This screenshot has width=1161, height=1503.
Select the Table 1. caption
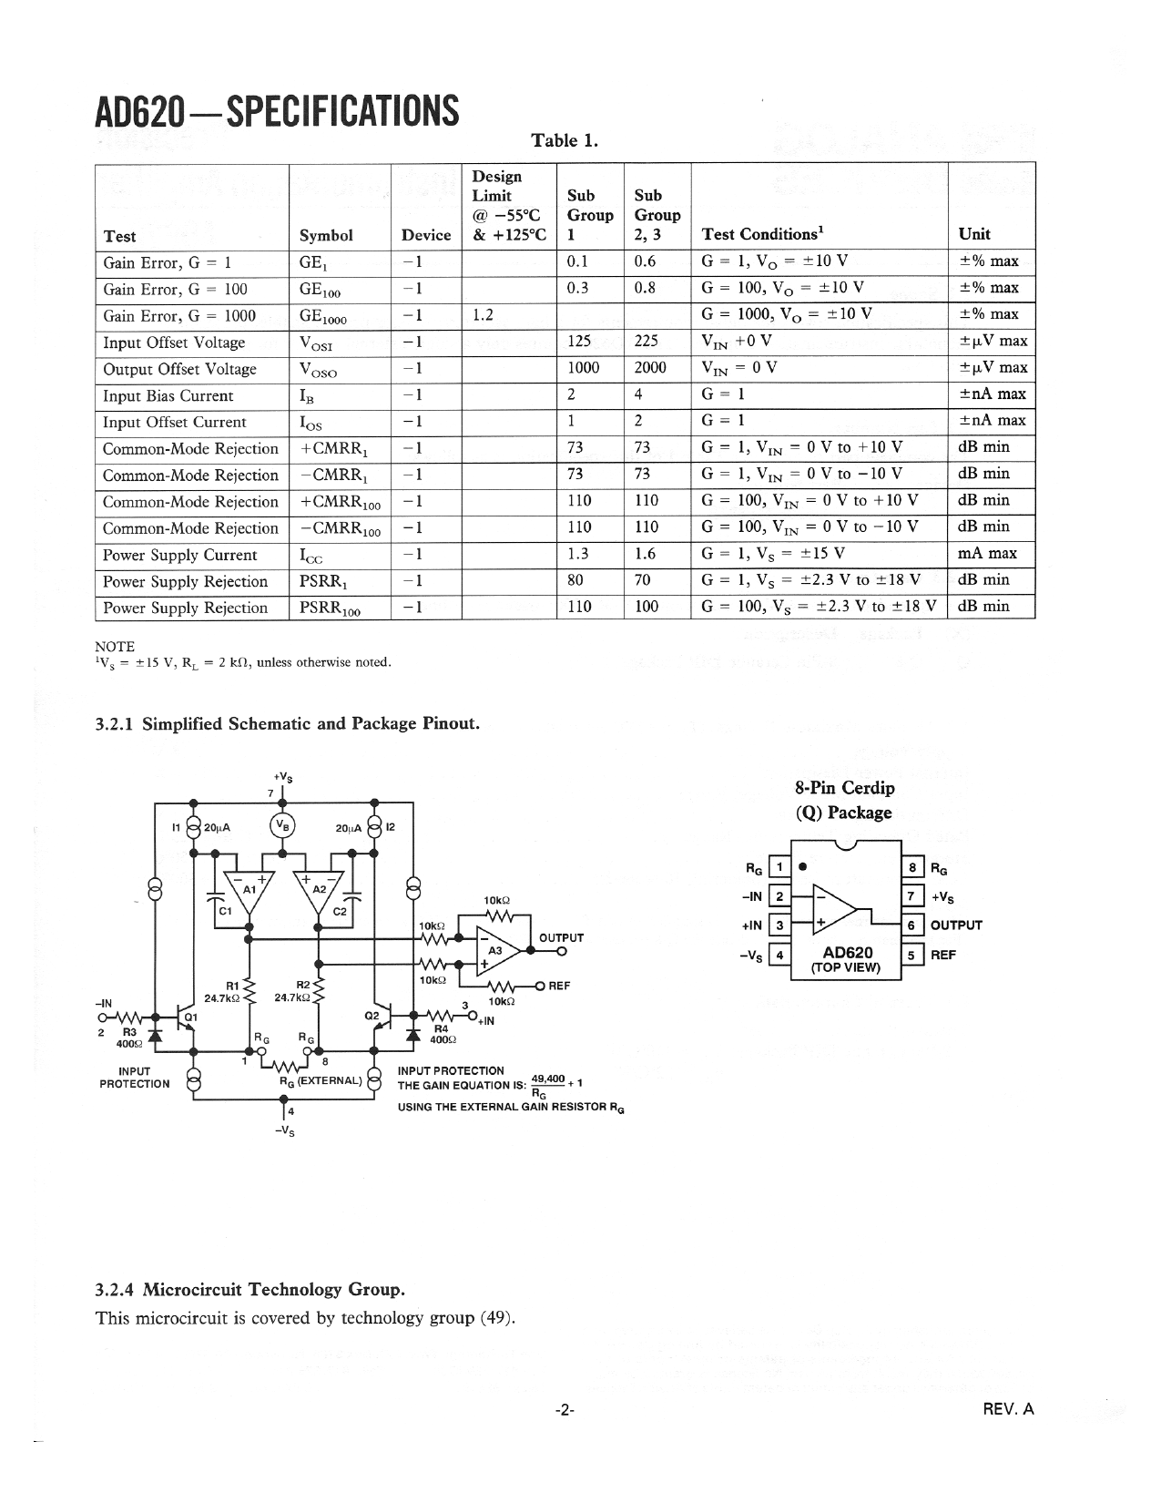(565, 140)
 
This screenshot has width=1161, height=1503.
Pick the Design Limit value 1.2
(483, 315)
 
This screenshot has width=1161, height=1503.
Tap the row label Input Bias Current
(168, 396)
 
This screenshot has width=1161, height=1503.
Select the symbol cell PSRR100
(330, 608)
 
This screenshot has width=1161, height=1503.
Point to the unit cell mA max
(988, 553)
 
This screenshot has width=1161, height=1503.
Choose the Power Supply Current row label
(179, 556)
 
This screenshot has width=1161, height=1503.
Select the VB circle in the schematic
(282, 825)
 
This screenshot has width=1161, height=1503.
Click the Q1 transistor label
(191, 1017)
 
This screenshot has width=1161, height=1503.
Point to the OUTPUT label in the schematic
(561, 937)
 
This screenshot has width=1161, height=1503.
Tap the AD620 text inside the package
(846, 953)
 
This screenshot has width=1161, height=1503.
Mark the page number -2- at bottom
(565, 1410)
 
